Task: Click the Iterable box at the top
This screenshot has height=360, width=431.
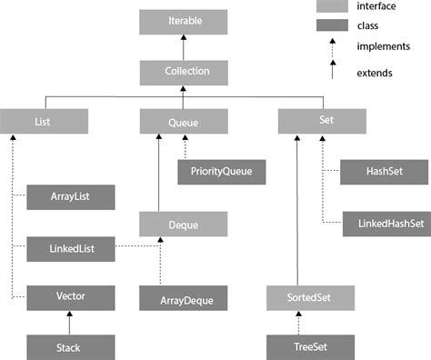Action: pos(184,20)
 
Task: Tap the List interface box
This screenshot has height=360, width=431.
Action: pos(44,120)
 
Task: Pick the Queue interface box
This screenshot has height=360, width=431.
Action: pos(184,120)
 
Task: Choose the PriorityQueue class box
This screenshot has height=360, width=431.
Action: pos(221,170)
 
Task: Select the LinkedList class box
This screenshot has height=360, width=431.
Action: pos(70,246)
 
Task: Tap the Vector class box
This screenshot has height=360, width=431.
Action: pos(70,296)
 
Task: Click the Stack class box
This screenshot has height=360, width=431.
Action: pos(70,346)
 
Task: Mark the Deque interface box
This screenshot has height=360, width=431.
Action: pos(184,222)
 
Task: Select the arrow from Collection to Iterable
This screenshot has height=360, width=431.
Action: pos(184,45)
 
